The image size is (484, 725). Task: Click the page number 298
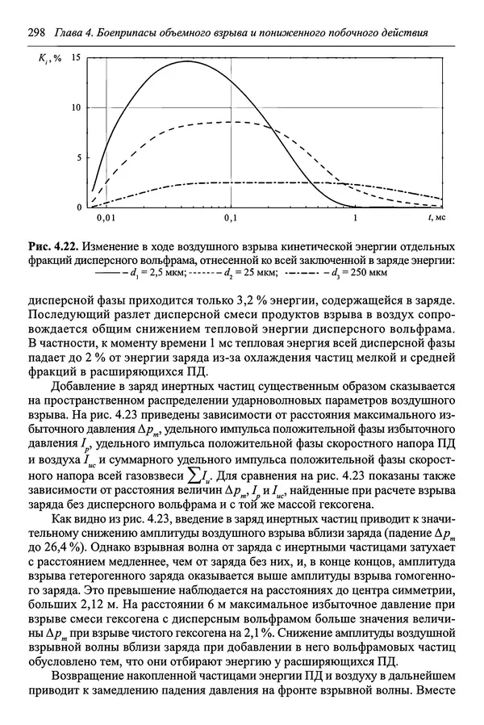[35, 32]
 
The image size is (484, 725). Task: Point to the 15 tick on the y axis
[76, 58]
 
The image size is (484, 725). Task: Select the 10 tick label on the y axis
[76, 107]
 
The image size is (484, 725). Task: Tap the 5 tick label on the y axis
[78, 157]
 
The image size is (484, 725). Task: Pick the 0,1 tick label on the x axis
[231, 218]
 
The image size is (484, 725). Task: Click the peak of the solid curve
[187, 61]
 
